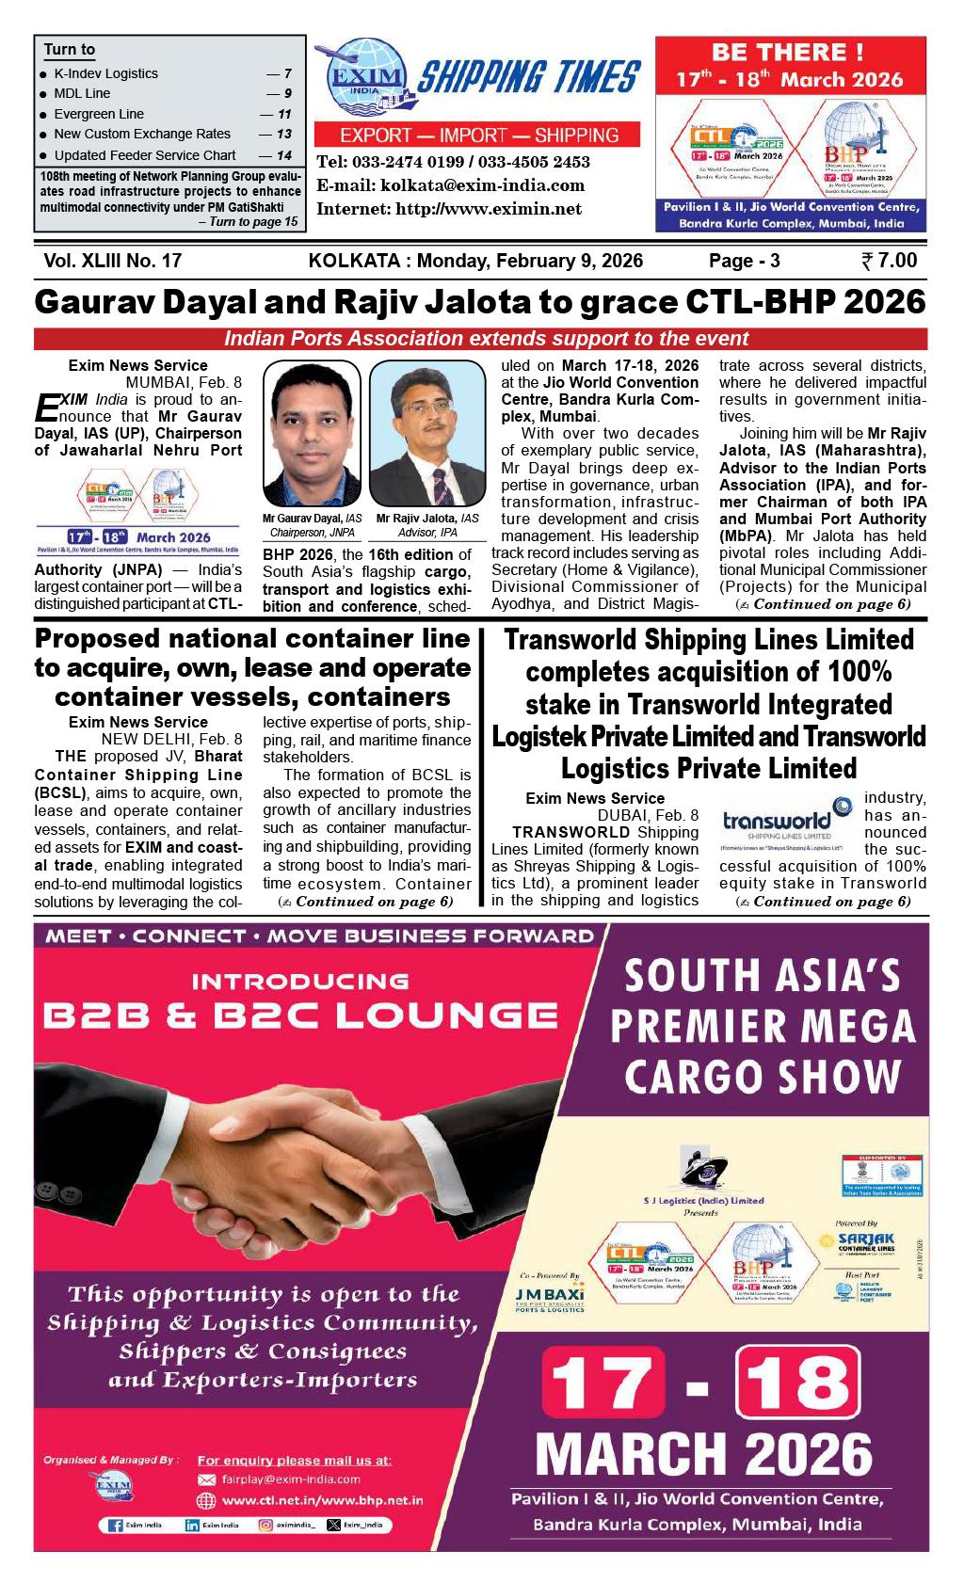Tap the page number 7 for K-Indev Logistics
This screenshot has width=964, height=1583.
pyautogui.click(x=287, y=73)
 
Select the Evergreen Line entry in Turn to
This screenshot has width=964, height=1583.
pyautogui.click(x=99, y=114)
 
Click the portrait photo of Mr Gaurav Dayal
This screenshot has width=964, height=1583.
pyautogui.click(x=312, y=434)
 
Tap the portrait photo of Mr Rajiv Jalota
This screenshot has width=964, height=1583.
pyautogui.click(x=426, y=434)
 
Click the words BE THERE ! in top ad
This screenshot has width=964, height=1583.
pyautogui.click(x=788, y=53)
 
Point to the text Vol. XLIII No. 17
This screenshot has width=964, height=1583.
pyautogui.click(x=112, y=261)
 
